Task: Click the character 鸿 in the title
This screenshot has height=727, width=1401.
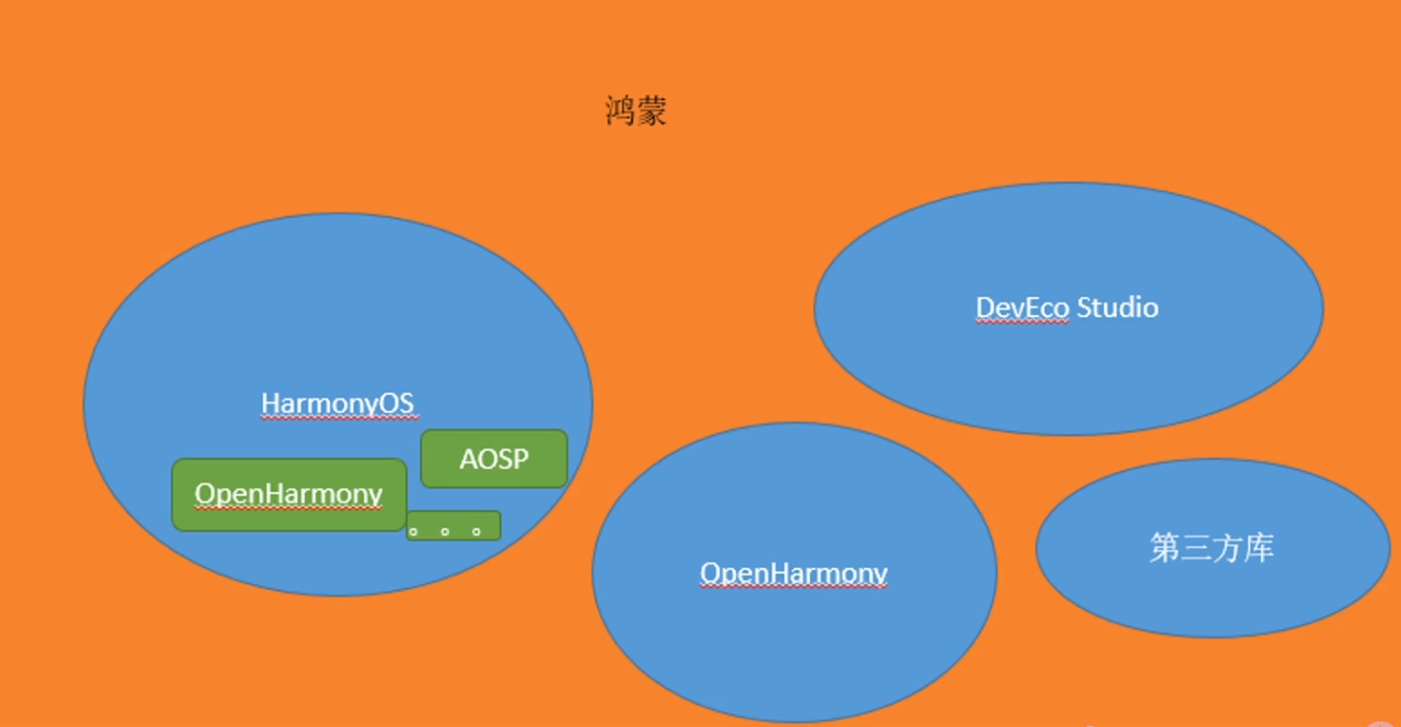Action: click(620, 112)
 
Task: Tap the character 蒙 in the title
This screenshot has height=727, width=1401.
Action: click(652, 112)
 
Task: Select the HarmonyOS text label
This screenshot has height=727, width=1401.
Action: click(338, 404)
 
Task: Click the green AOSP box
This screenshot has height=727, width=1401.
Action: click(494, 459)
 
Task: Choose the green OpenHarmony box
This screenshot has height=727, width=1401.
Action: click(289, 494)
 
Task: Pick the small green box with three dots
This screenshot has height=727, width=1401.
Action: click(453, 525)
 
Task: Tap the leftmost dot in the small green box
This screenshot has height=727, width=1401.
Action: click(413, 531)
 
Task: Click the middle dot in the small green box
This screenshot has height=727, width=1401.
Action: click(445, 531)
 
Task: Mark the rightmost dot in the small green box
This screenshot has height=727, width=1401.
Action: click(476, 531)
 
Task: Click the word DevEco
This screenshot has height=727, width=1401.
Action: click(1022, 308)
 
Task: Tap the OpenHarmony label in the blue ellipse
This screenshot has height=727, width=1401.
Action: click(794, 574)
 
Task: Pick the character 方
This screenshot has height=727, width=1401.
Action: click(1228, 548)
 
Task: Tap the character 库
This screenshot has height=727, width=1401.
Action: click(1259, 548)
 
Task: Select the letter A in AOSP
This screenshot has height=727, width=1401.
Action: click(468, 459)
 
